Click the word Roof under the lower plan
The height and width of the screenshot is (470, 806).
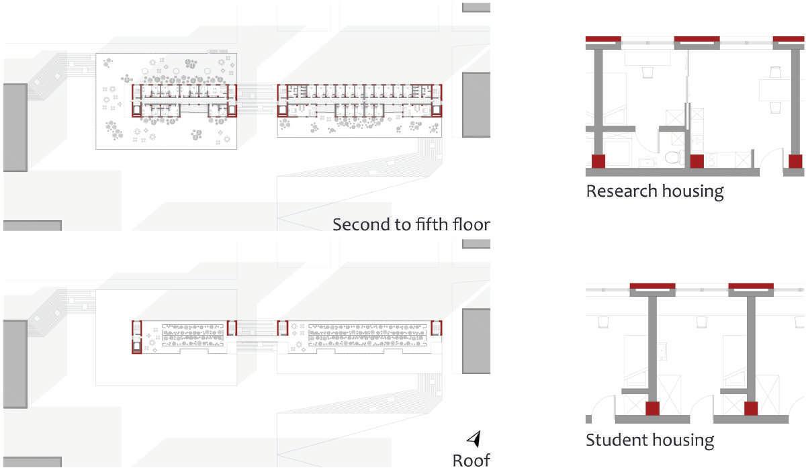(x=471, y=460)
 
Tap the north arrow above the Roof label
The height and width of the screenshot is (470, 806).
(x=474, y=439)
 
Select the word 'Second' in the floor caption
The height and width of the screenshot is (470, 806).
(x=361, y=224)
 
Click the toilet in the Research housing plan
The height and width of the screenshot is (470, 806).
(x=673, y=158)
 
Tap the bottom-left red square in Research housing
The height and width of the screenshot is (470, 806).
(x=598, y=161)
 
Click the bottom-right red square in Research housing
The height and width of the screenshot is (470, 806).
(x=795, y=161)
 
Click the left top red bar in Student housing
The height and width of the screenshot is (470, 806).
(x=652, y=287)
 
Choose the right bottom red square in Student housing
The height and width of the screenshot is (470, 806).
(x=751, y=408)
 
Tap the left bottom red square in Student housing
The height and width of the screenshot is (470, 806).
(x=652, y=408)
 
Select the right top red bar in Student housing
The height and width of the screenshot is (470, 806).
(x=751, y=287)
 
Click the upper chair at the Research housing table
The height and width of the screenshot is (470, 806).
(x=776, y=73)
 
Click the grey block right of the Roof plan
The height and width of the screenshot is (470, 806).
(x=476, y=341)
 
